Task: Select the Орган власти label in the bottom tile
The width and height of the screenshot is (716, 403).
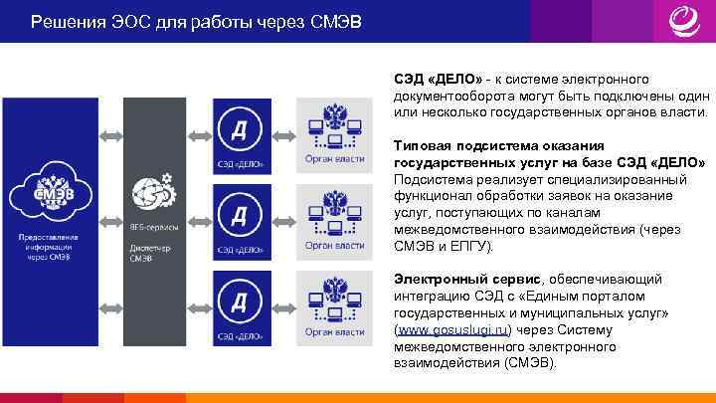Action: point(334,335)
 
